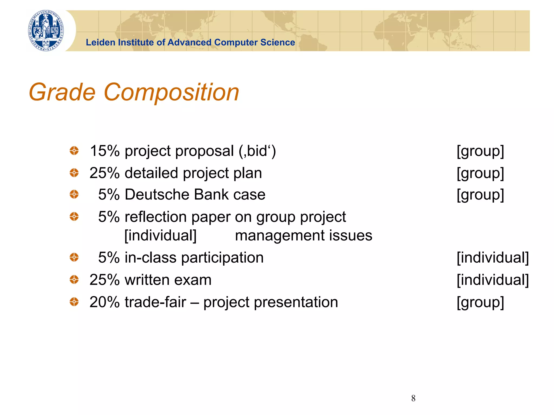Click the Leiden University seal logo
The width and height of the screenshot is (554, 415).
tap(46, 31)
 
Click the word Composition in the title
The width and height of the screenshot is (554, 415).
tap(171, 92)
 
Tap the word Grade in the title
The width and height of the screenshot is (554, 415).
tap(62, 92)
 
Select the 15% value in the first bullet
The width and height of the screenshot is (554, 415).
tap(104, 151)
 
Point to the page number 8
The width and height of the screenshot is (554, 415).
tap(413, 398)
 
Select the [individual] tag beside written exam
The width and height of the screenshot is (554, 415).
tap(492, 280)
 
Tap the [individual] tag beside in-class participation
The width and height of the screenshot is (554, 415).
tap(492, 257)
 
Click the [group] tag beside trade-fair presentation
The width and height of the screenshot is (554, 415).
tap(480, 302)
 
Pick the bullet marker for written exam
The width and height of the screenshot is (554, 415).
tap(74, 279)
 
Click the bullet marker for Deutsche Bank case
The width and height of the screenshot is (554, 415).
tap(74, 194)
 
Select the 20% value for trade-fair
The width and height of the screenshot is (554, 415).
tap(104, 302)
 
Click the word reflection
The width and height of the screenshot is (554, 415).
tap(156, 217)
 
